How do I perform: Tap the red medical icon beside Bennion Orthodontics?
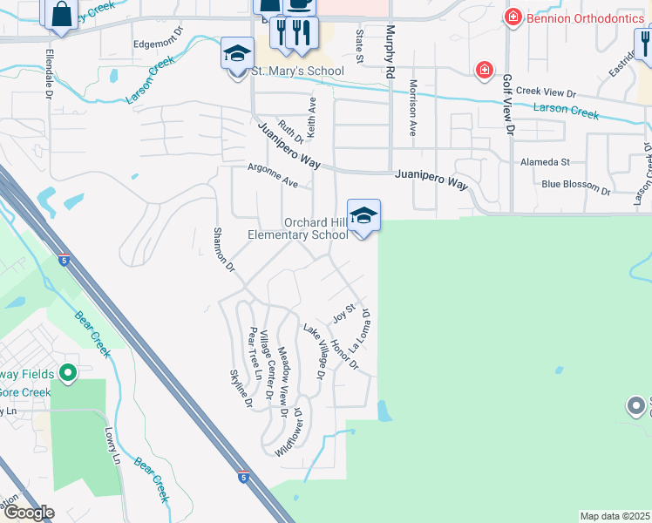pos(513,17)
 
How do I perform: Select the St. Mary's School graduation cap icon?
pos(236,54)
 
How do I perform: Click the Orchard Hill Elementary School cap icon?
pos(363,215)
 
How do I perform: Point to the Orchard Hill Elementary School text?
pos(297,228)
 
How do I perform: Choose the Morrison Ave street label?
pos(413,107)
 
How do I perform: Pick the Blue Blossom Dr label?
pos(576,186)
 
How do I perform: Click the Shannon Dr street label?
pos(225,249)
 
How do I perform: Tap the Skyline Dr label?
pos(241,389)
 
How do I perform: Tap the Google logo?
pos(28,513)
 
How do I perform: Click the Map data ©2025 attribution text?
pos(615,516)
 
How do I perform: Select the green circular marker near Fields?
pos(68,375)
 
